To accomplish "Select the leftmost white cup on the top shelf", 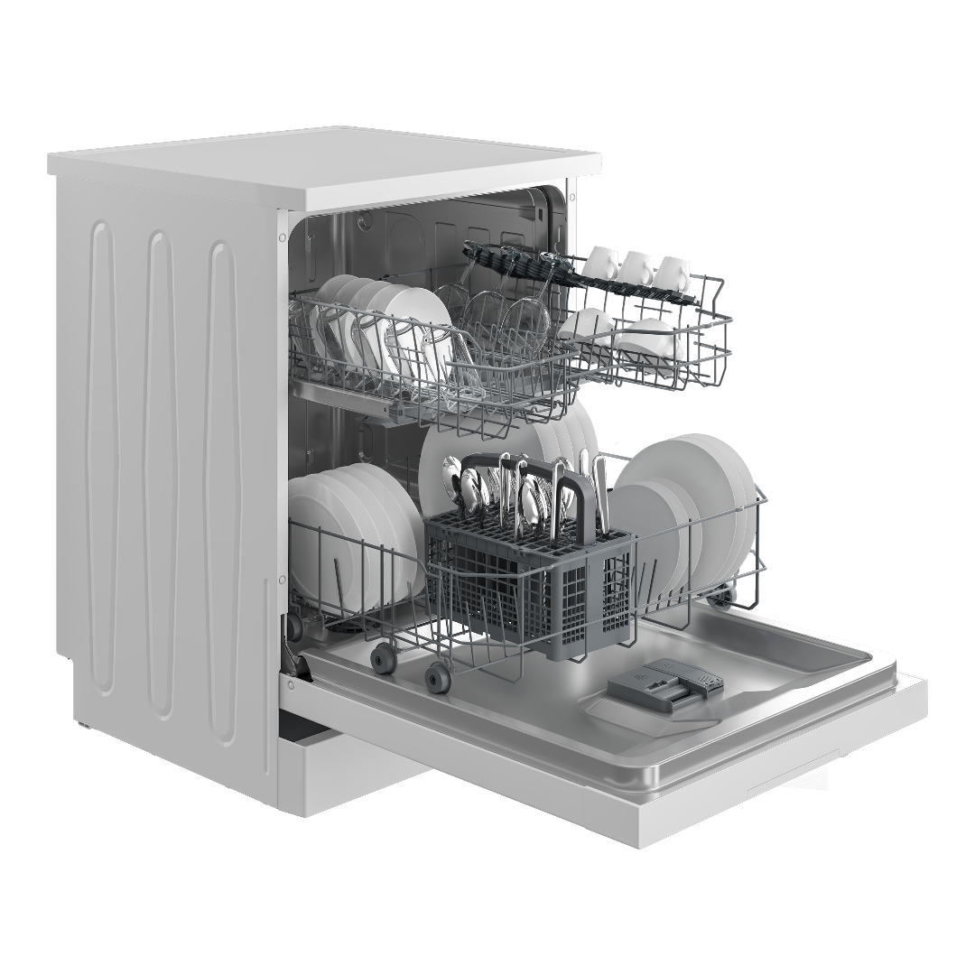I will pyautogui.click(x=602, y=263).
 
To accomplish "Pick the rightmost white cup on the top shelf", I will pyautogui.click(x=673, y=272).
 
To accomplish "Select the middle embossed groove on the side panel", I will pyautogui.click(x=162, y=469).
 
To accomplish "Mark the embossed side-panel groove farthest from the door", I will pyautogui.click(x=101, y=451).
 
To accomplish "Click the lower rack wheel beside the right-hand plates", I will pyautogui.click(x=723, y=594).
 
